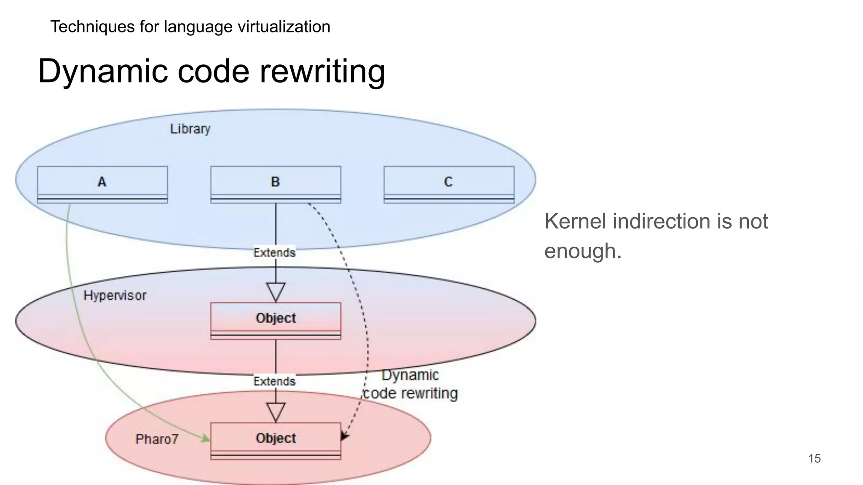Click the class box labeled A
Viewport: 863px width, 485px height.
tap(102, 184)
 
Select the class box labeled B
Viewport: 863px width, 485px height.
tap(276, 184)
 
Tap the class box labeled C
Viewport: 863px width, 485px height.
tap(449, 184)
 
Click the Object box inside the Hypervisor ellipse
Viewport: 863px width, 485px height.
tap(276, 320)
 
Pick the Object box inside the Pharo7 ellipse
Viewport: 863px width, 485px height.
tap(276, 440)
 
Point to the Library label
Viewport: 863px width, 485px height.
tap(190, 129)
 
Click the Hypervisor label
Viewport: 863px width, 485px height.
tap(115, 296)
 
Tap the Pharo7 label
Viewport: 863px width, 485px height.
tap(157, 439)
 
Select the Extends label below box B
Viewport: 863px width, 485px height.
tap(274, 253)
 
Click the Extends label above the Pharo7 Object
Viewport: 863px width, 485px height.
tap(274, 381)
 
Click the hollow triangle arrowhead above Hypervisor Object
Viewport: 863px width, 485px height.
tap(276, 291)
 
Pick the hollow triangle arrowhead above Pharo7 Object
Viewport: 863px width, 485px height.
tap(276, 412)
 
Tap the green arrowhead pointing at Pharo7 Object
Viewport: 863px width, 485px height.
tap(206, 439)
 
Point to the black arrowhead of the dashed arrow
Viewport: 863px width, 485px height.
tap(344, 436)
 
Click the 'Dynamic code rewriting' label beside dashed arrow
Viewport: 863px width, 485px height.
tap(410, 384)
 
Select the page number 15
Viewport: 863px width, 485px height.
tap(814, 458)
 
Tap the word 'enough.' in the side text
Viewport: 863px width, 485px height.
tap(583, 251)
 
